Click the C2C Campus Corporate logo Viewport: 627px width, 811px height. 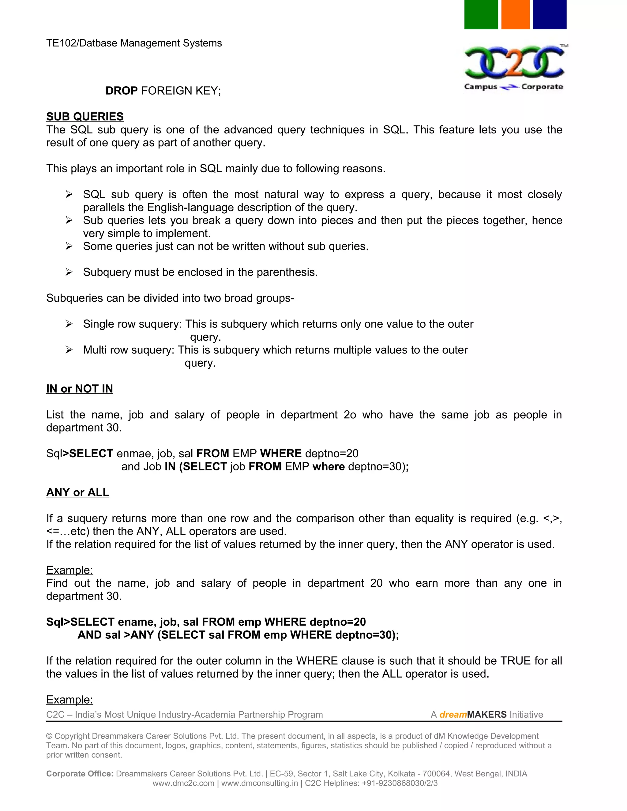pos(514,68)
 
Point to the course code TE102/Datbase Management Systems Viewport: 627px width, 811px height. pos(134,43)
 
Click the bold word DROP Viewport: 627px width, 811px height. pos(122,91)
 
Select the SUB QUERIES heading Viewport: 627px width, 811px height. pos(85,117)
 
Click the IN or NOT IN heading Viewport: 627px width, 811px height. pos(80,389)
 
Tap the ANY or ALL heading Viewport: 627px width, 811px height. pos(78,492)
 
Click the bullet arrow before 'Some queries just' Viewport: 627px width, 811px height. pos(69,246)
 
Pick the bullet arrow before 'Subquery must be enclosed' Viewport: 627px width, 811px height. pos(69,272)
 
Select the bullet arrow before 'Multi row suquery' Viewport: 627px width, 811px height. pos(69,350)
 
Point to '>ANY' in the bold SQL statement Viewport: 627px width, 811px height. pos(139,635)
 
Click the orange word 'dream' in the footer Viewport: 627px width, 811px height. pos(453,715)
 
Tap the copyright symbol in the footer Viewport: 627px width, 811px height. pos(49,736)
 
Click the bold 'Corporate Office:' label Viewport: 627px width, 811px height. pos(80,774)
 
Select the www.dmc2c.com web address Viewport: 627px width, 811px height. pos(183,783)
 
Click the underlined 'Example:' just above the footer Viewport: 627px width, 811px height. pos(69,700)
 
